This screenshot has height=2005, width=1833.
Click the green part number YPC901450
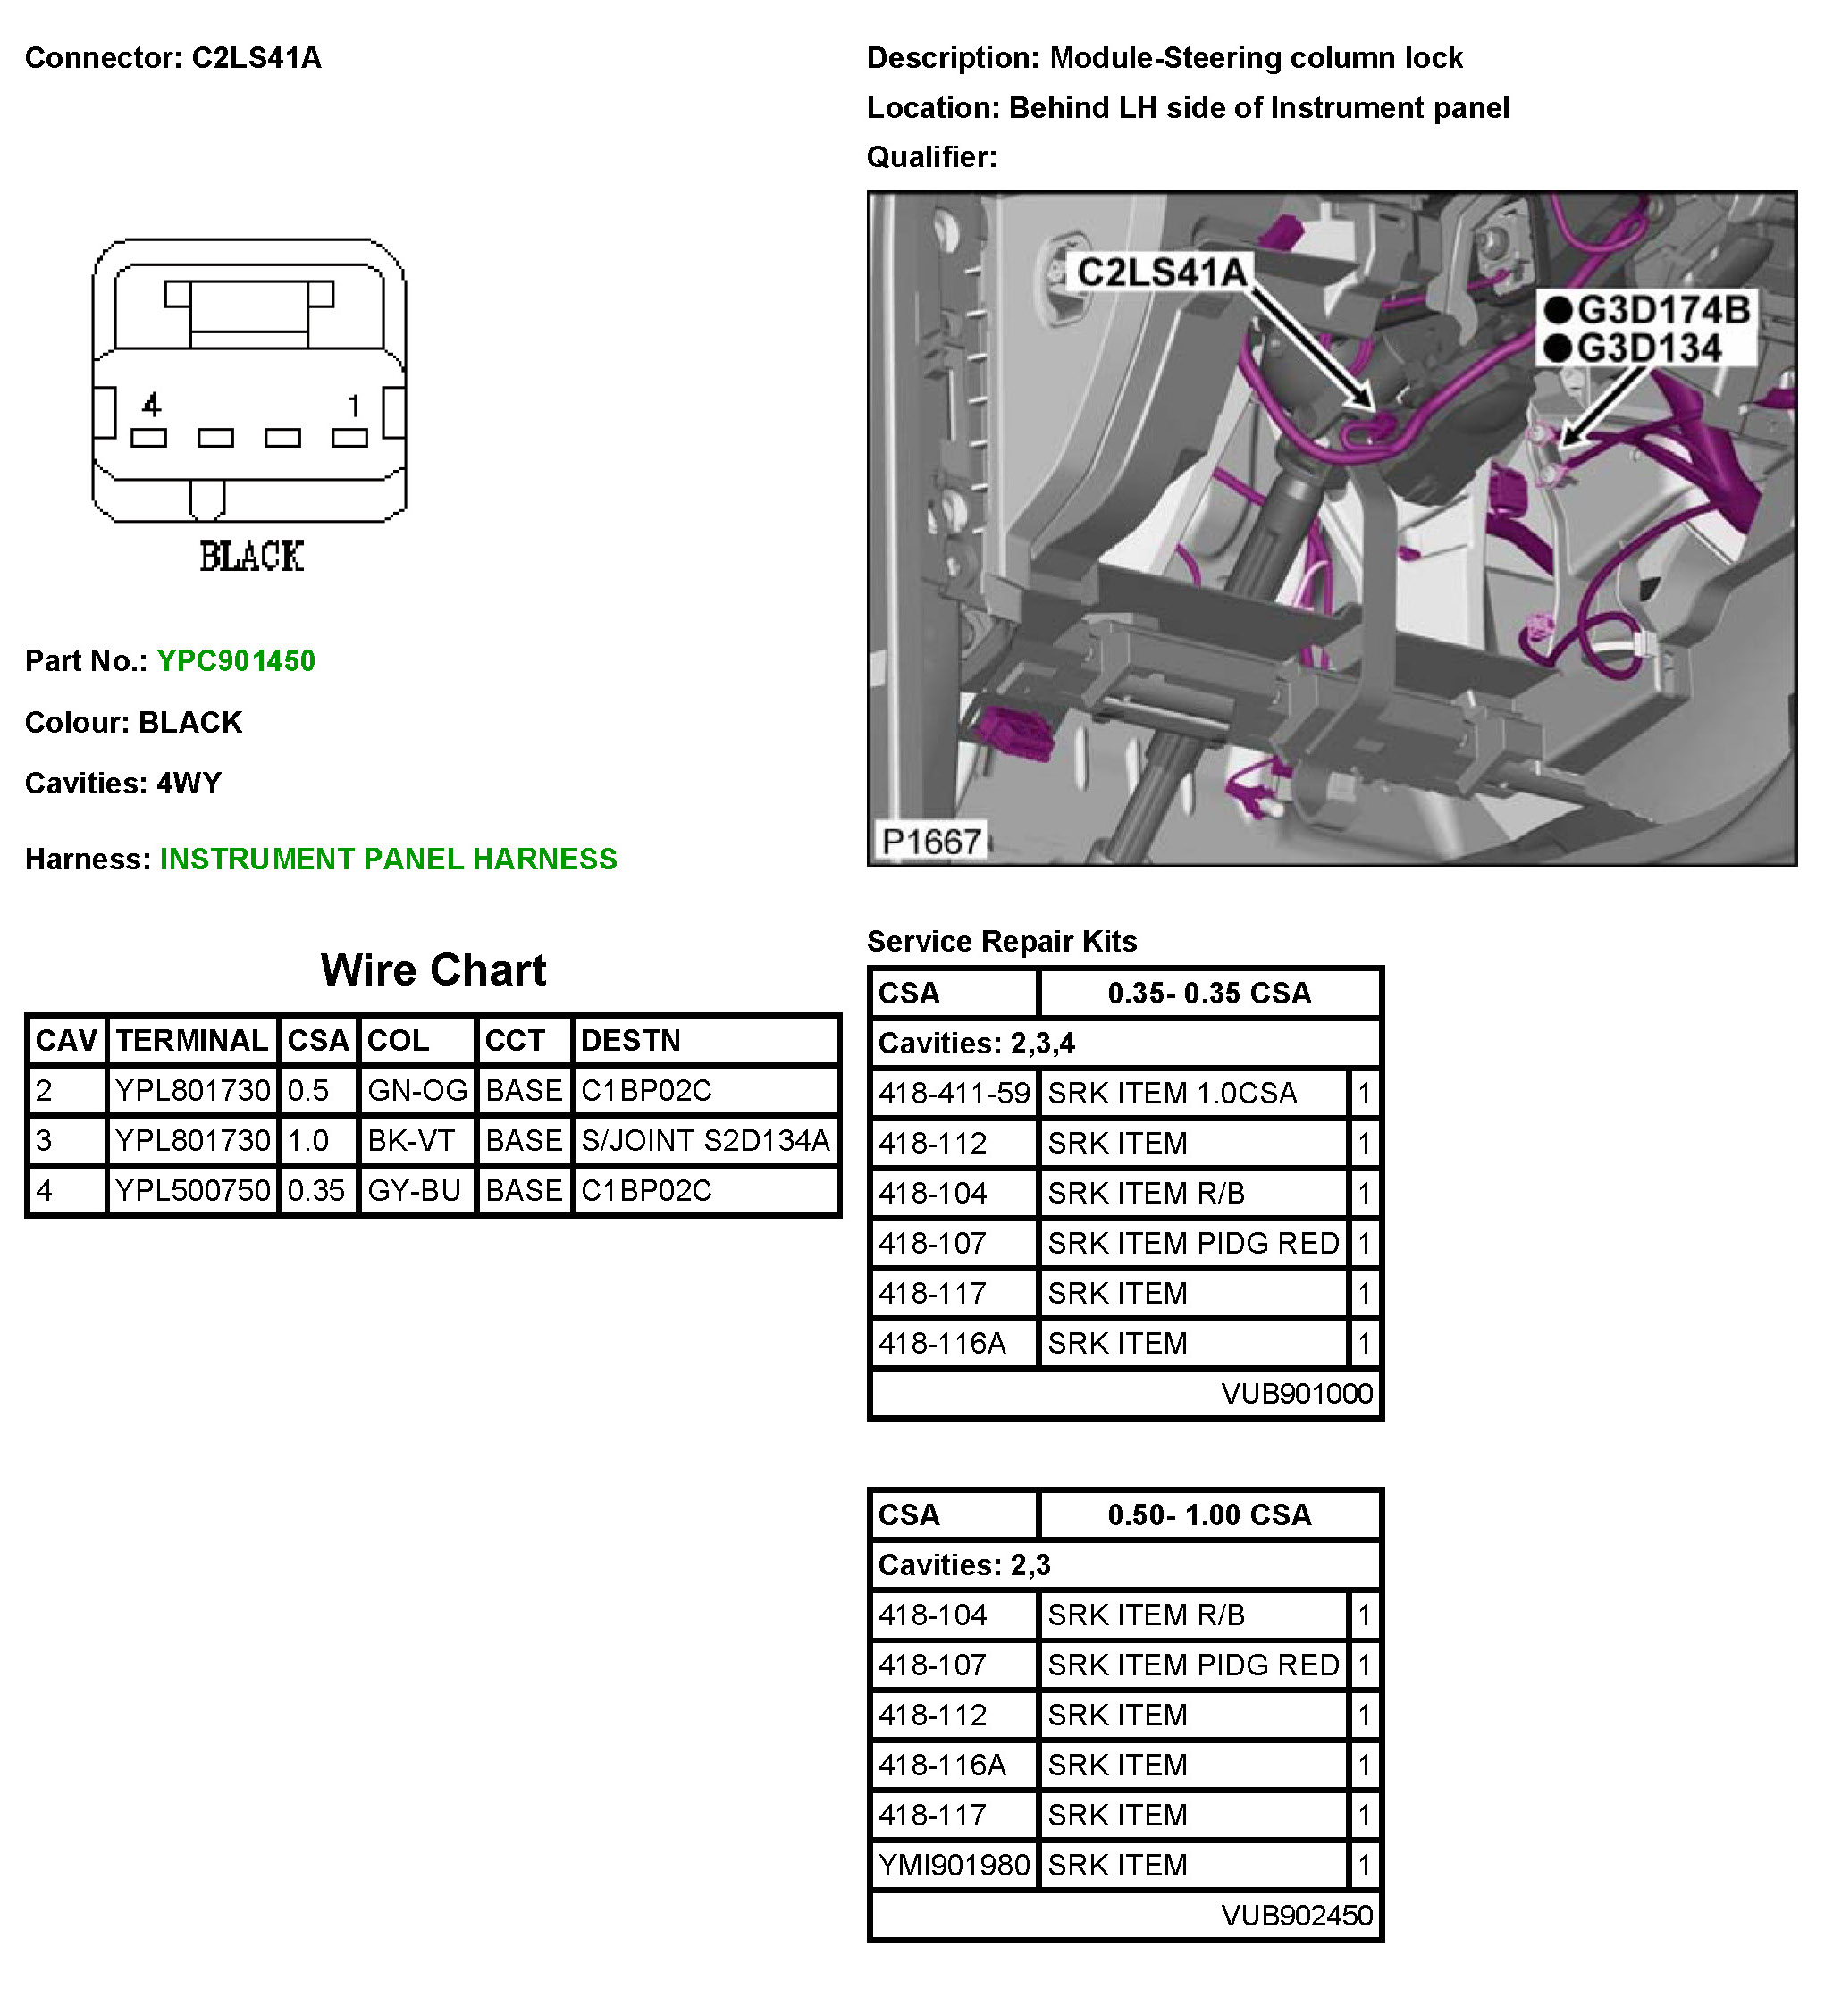coord(236,661)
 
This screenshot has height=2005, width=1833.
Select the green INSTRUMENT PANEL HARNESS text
coord(388,860)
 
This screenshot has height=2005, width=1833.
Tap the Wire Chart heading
coord(433,970)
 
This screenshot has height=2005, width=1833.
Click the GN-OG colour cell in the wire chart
coord(416,1091)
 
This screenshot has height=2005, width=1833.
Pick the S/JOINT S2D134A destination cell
coord(704,1141)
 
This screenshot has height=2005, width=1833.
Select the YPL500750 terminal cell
coord(192,1190)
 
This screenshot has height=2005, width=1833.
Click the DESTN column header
coord(631,1041)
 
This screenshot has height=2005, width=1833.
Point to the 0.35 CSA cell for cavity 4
coord(316,1190)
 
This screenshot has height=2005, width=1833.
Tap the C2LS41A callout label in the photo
coord(1161,272)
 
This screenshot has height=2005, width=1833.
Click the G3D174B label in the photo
coord(1663,310)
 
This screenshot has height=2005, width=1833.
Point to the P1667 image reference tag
coord(931,843)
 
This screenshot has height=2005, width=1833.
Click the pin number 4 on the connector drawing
coord(151,405)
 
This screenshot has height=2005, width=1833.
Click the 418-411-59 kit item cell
coord(953,1094)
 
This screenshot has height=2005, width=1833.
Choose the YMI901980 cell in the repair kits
coord(953,1866)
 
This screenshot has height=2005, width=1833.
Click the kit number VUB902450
coord(1296,1916)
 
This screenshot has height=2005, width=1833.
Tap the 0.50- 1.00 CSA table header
coord(1208,1515)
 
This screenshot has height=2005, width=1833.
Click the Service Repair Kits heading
coord(1002,942)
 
